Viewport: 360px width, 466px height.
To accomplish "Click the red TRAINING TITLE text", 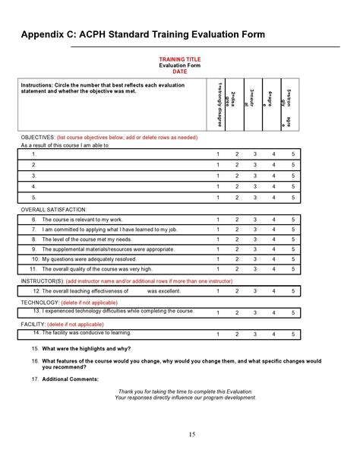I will (x=179, y=59).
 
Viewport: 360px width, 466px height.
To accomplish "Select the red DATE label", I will (x=179, y=71).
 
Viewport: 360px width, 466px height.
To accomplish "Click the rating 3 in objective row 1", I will (x=255, y=154).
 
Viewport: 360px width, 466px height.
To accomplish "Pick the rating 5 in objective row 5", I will (x=292, y=197).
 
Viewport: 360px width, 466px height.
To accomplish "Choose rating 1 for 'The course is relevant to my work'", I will (x=218, y=219).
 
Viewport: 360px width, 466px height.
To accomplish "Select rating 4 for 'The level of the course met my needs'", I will (x=273, y=239).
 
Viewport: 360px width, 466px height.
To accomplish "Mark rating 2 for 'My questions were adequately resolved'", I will (x=237, y=258).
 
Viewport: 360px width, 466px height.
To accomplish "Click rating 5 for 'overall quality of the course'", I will (x=292, y=268).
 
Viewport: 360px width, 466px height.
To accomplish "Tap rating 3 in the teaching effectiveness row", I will (x=255, y=290).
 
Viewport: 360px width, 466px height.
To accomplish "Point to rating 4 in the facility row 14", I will (x=273, y=334).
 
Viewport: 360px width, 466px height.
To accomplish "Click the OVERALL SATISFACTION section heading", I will (x=54, y=208).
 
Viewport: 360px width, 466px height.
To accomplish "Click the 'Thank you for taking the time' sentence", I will (x=179, y=392).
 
